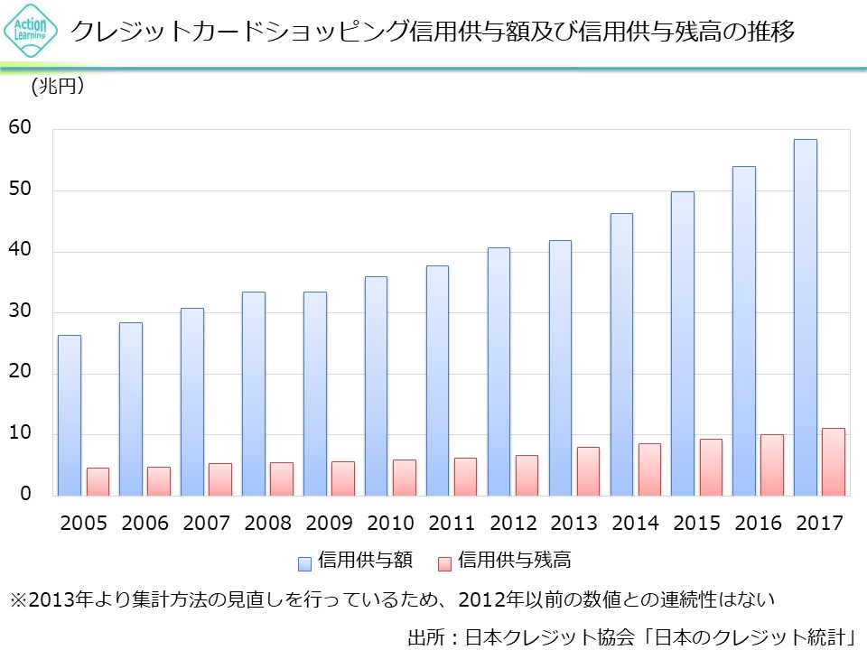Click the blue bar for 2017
point(805,317)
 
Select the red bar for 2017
point(834,461)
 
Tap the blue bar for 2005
point(70,415)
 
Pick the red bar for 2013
point(588,471)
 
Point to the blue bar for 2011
point(437,380)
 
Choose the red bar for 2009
point(343,478)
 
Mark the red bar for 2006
point(159,481)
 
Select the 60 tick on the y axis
point(20,128)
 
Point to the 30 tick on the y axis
point(20,311)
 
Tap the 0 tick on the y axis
point(25,495)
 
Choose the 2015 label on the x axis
point(697,524)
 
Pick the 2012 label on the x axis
point(513,524)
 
